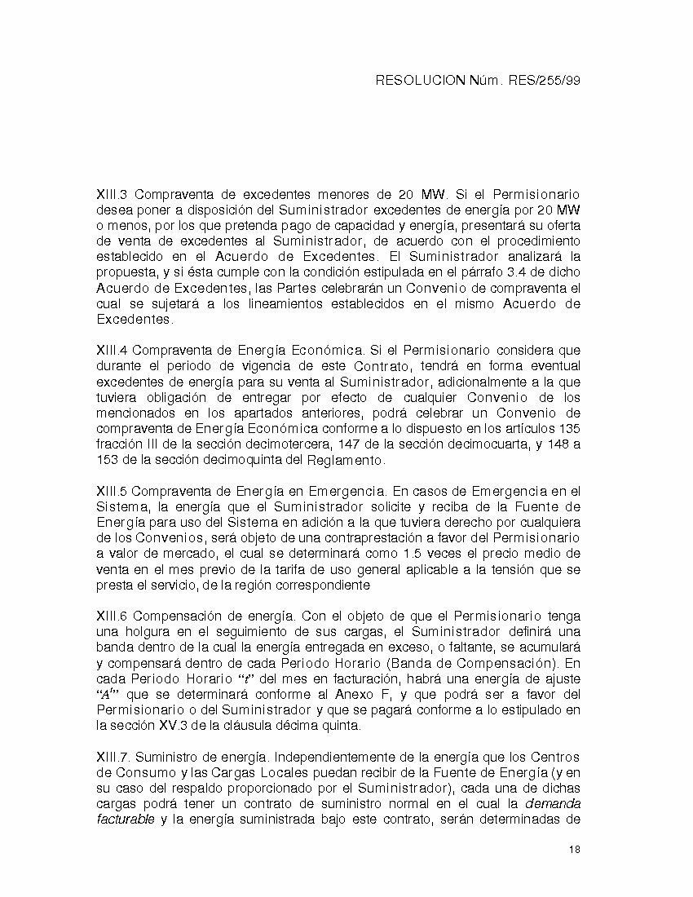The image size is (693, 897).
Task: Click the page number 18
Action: coord(575,850)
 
